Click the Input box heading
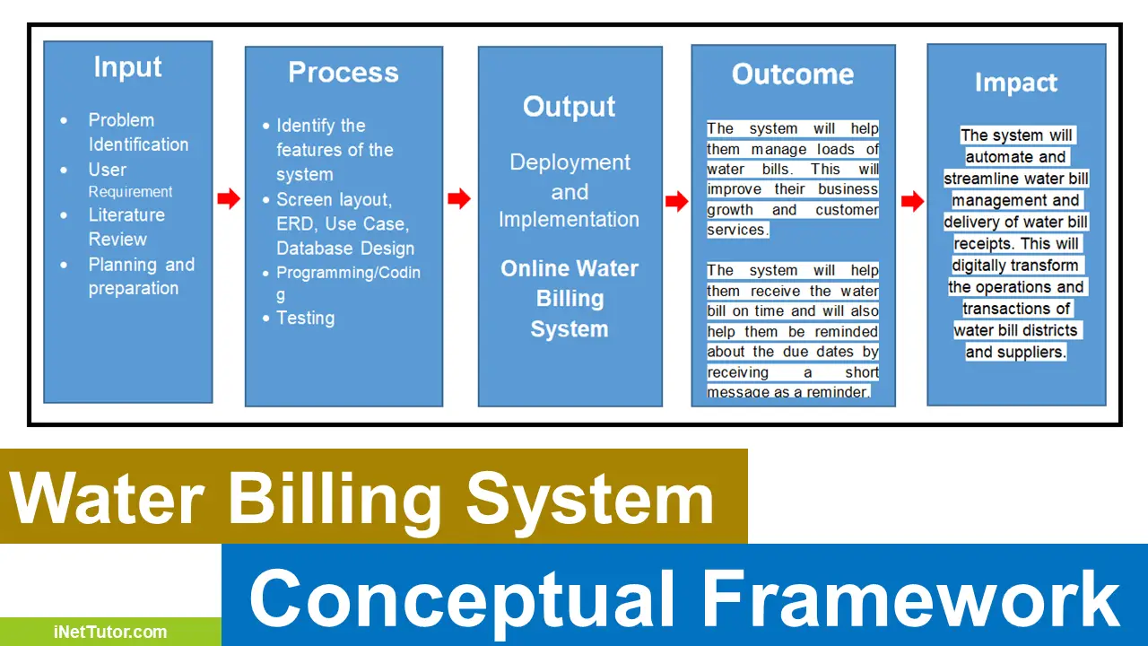(x=127, y=68)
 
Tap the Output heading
(x=570, y=107)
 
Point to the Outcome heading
(x=793, y=74)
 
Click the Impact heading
(x=1016, y=83)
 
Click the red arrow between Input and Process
(x=229, y=199)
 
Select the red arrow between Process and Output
(x=459, y=199)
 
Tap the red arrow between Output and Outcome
(x=677, y=202)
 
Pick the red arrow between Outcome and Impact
(x=912, y=202)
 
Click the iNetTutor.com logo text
(x=109, y=632)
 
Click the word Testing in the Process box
(x=305, y=318)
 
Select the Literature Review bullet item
(x=126, y=227)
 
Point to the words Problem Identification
(x=137, y=132)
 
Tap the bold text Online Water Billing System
(x=570, y=299)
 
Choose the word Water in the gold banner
(x=109, y=498)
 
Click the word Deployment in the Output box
(x=570, y=162)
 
